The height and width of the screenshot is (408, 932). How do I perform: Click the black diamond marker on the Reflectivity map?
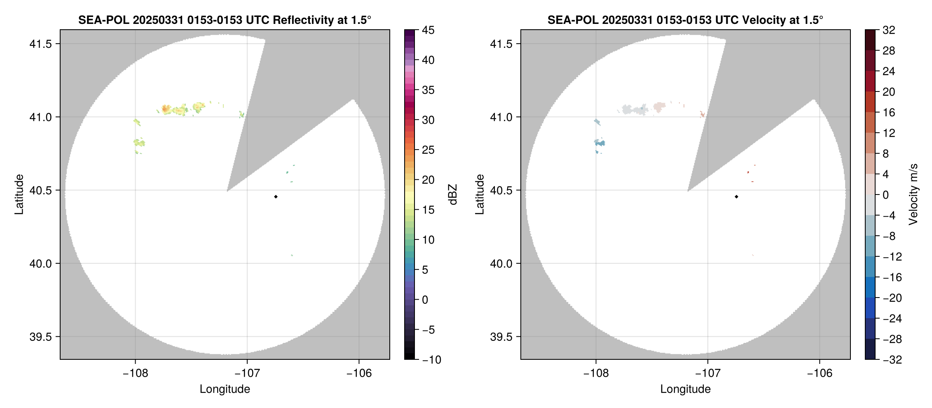[x=276, y=197]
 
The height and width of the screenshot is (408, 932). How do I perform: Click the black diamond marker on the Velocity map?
[x=736, y=197]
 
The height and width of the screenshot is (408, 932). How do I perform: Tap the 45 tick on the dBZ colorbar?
[x=428, y=30]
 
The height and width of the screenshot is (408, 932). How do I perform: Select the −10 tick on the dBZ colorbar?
[x=431, y=360]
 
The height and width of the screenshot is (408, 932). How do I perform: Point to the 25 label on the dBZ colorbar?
[x=428, y=150]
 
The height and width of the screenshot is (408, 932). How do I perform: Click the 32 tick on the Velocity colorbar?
[x=889, y=30]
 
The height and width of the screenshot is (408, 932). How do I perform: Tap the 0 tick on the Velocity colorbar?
[x=885, y=195]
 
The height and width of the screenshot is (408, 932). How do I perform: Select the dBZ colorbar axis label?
[x=453, y=195]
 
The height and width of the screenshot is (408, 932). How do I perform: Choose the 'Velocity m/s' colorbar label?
[x=913, y=195]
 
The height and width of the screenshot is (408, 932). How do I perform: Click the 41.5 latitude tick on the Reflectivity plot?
[x=40, y=44]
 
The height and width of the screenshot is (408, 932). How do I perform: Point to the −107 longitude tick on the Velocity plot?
[x=707, y=373]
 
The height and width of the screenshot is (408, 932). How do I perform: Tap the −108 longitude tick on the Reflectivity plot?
[x=135, y=373]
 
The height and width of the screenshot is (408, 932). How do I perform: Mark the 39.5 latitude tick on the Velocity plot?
[x=501, y=337]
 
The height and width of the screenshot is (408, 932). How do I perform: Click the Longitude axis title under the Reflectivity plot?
[x=225, y=389]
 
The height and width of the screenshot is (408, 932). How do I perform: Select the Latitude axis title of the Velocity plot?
[x=479, y=195]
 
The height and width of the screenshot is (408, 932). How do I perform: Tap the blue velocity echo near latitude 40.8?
[x=600, y=143]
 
